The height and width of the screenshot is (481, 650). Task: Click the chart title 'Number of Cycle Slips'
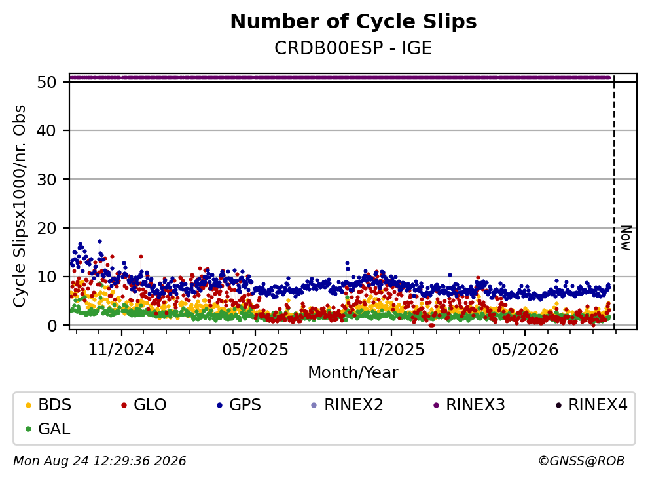[353, 22]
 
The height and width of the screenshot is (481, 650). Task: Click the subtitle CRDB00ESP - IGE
[353, 48]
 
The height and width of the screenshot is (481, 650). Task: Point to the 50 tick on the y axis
[46, 82]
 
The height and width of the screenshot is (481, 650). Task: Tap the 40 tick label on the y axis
[46, 130]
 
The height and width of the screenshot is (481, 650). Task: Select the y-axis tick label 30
[46, 180]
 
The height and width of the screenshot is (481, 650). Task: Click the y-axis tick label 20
[46, 228]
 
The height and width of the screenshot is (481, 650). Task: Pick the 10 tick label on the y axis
[46, 277]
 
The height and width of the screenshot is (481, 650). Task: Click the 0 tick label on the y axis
[52, 326]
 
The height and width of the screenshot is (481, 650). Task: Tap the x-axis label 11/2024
[122, 350]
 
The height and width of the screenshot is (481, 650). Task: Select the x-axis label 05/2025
[255, 350]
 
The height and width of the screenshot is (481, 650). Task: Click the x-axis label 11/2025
[391, 350]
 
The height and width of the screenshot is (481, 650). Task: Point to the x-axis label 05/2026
[525, 350]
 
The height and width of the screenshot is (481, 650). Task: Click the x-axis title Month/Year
[353, 373]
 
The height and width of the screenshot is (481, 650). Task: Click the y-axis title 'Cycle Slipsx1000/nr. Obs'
[20, 206]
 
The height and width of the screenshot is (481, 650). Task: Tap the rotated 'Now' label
[626, 239]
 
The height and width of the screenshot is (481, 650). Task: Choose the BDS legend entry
[48, 404]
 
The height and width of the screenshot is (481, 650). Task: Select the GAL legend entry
[48, 429]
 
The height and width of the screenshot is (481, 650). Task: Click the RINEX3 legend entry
[469, 404]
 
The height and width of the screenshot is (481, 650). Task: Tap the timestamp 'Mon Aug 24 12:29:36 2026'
[100, 461]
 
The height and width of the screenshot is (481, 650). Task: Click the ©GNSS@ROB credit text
[581, 461]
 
